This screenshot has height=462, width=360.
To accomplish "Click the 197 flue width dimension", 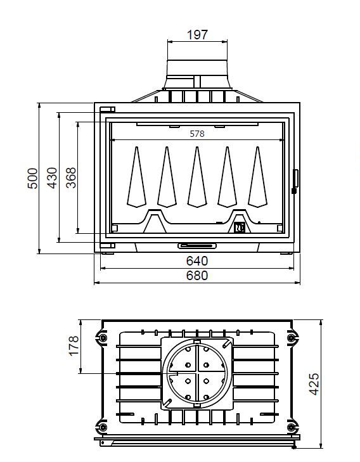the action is point(197,35).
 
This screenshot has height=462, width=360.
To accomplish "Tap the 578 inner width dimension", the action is point(197,134).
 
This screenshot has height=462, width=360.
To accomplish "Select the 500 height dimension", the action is point(32,178).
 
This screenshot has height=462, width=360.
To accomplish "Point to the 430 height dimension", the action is point(52,177).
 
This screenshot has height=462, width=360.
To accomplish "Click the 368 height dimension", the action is point(71,177).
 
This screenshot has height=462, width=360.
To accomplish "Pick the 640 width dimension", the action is point(197,261).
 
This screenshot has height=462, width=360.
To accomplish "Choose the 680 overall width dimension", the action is point(197,276).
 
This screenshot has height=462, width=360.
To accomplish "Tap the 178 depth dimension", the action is point(74,345).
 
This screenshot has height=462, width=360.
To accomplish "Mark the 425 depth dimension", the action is point(314,384).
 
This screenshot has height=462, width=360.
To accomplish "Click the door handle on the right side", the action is point(295,181).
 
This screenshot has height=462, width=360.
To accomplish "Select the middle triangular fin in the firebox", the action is point(197,177).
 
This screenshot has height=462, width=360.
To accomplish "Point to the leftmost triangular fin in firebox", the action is point(137,177).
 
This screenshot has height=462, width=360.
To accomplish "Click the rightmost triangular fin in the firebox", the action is point(257,177).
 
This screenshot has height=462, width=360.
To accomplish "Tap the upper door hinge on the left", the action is point(107,110).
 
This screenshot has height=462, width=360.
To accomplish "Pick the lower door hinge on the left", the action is point(107,245).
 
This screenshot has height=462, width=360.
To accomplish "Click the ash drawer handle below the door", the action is point(197,246).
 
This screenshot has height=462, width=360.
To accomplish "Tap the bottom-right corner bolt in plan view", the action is point(292,427).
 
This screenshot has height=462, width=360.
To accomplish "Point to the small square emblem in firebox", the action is point(240,228).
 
